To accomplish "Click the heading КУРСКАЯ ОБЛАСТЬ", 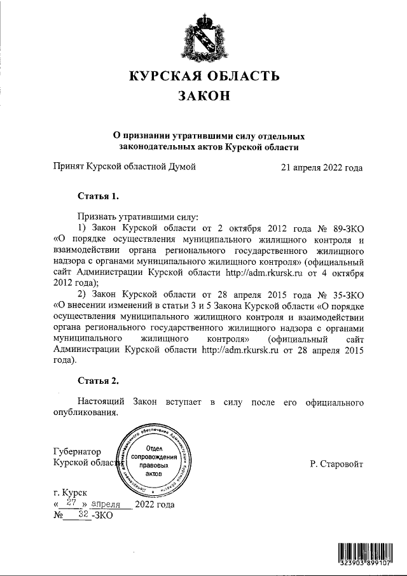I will [204, 77].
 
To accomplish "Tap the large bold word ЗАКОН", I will [203, 98].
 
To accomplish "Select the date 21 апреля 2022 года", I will [322, 168].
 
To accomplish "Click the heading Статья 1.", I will [98, 195].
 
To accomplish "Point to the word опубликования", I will [86, 413].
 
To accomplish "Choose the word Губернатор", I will [78, 451].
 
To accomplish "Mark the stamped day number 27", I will [72, 503].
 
